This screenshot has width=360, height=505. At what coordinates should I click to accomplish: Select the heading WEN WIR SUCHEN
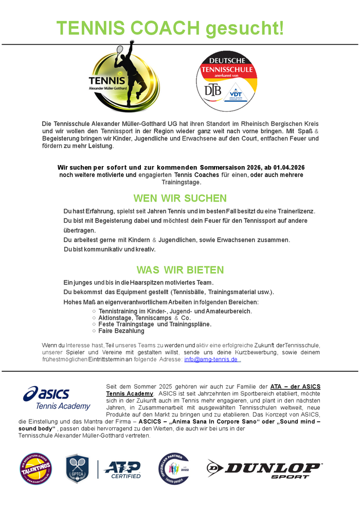pos(180,199)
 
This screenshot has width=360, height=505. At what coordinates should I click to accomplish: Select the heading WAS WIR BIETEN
pos(180,270)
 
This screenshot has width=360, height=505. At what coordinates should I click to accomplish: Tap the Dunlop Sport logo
pos(264,468)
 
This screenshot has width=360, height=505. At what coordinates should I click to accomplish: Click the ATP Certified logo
pos(122,469)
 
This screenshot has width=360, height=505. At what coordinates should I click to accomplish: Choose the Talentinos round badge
pos(35,468)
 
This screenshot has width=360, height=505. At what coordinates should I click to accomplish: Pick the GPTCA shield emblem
pos(78,468)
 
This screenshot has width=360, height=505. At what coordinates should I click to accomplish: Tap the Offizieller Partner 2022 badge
pos(173,468)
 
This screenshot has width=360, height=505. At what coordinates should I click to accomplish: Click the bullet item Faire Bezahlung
pos(121,331)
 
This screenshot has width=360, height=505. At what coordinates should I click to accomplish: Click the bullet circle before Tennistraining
pos(94,311)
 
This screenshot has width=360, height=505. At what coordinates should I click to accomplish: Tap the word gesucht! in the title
pos(244,28)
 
